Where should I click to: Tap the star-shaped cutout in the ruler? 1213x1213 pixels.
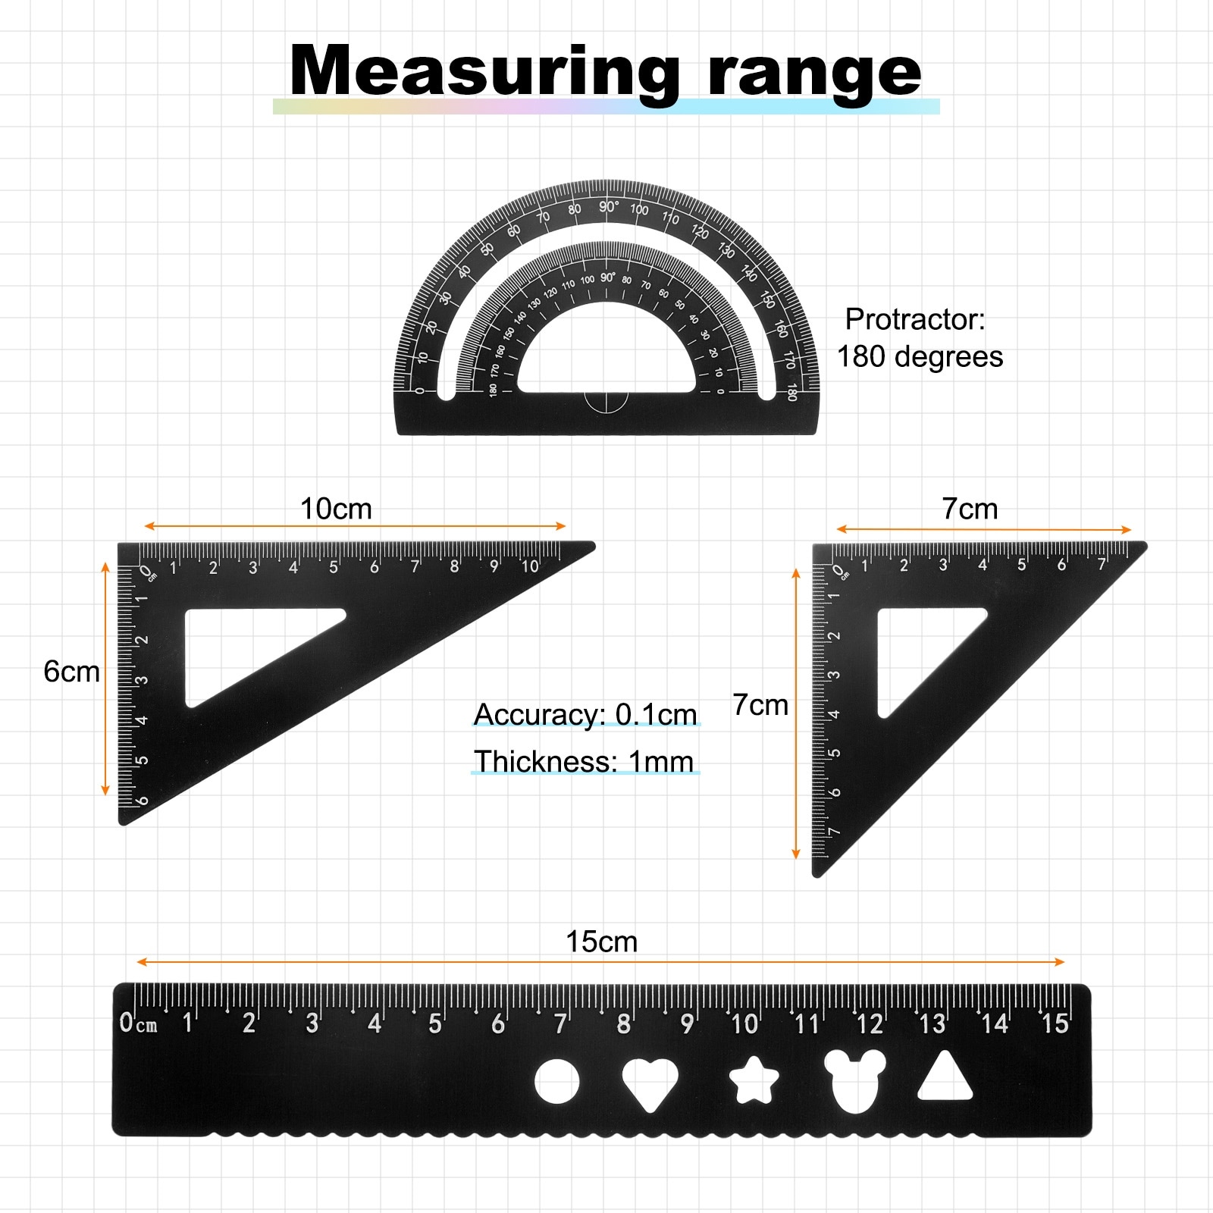coord(754,1080)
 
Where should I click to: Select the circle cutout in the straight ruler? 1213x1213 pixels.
coord(556,1081)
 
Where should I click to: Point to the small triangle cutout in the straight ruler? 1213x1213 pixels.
coord(945,1077)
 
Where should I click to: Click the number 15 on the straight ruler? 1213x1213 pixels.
coord(1055,1024)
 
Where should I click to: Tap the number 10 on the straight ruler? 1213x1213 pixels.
coord(744,1024)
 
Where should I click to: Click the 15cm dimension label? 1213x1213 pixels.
coord(602,942)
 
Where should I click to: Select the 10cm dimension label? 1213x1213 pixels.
coord(336,509)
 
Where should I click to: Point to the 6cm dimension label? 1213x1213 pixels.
coord(71,672)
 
